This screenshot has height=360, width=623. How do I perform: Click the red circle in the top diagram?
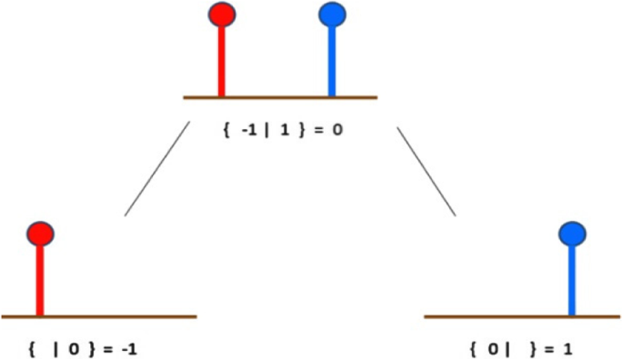click(221, 15)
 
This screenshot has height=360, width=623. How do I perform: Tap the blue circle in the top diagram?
click(332, 15)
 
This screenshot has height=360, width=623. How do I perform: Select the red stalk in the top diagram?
click(221, 59)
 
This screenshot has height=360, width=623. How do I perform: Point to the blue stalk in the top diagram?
click(332, 59)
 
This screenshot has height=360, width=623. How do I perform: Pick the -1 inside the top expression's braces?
click(248, 129)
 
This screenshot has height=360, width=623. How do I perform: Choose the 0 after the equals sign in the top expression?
click(337, 129)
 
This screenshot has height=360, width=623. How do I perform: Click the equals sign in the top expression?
click(317, 129)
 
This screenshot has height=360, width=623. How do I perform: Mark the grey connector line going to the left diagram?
click(156, 169)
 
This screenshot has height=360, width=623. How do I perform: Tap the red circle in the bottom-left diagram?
click(40, 235)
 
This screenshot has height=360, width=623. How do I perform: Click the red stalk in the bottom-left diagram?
click(40, 280)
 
